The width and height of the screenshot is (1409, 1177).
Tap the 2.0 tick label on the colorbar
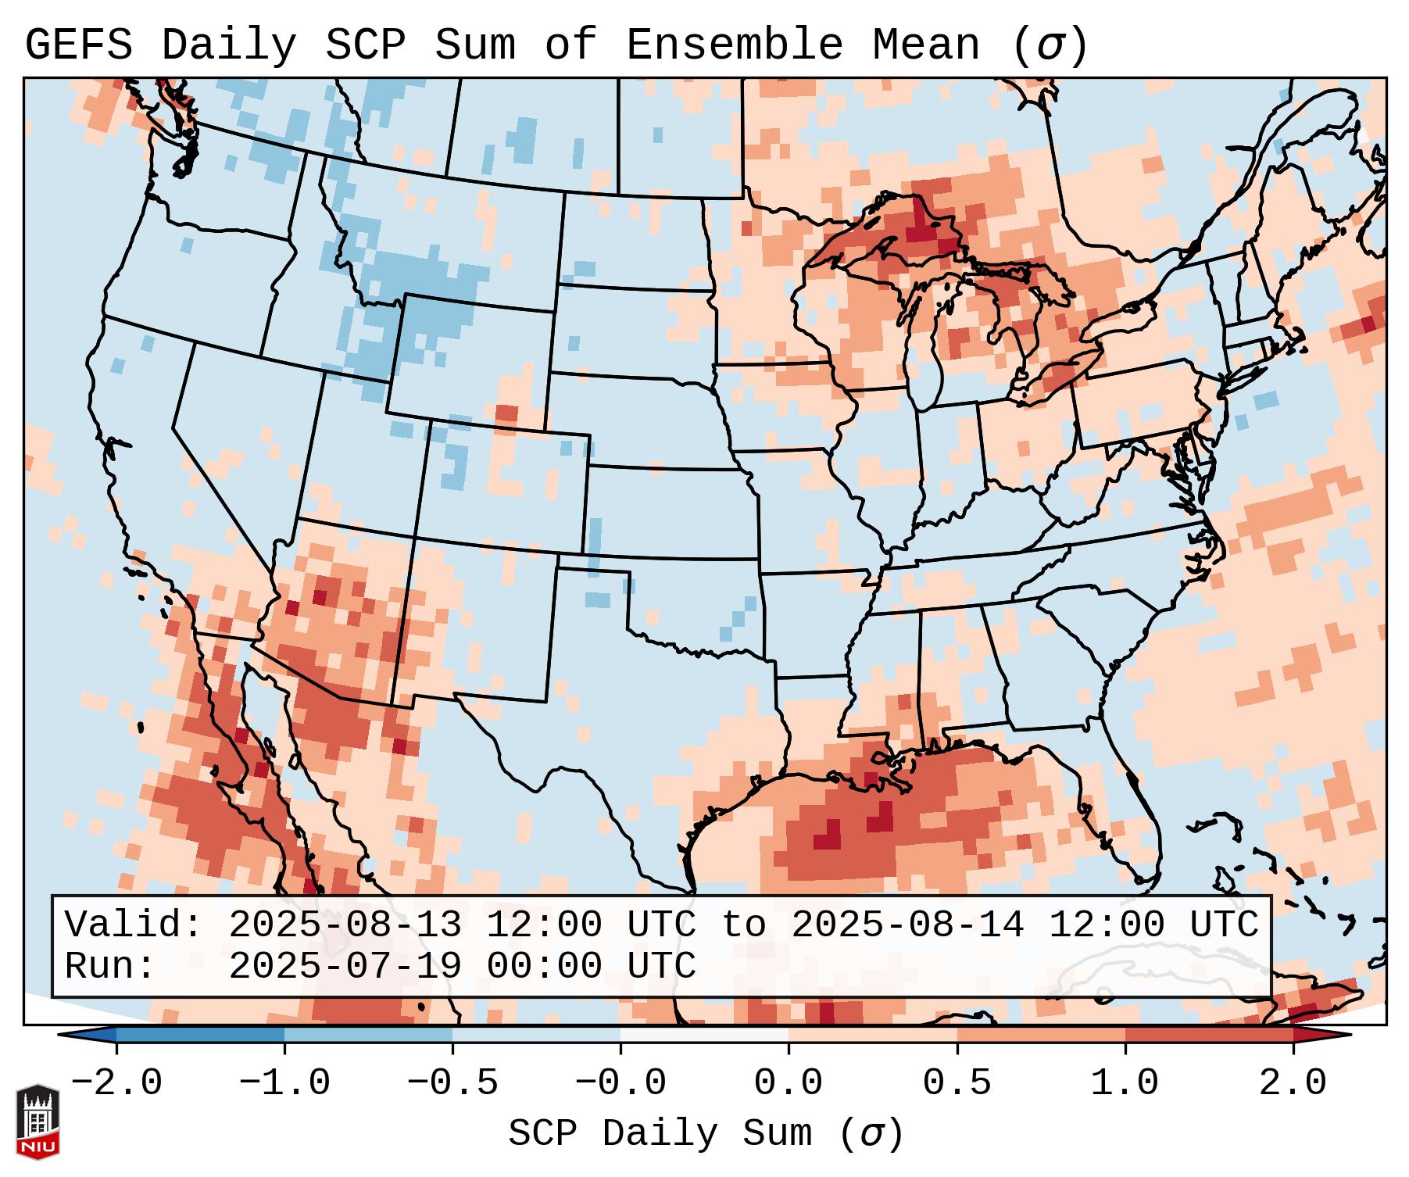tap(1293, 1083)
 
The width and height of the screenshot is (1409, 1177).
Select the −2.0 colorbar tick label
tap(116, 1083)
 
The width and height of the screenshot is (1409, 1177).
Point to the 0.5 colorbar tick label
tap(957, 1083)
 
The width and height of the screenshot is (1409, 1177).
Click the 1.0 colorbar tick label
tap(1125, 1083)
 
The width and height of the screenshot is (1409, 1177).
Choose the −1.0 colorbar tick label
tap(284, 1083)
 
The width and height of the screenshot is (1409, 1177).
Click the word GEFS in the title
tap(78, 45)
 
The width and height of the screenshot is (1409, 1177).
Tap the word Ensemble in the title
tap(734, 45)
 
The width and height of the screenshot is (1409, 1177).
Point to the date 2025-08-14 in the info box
tap(907, 925)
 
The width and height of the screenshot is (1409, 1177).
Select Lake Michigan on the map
tap(925, 344)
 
